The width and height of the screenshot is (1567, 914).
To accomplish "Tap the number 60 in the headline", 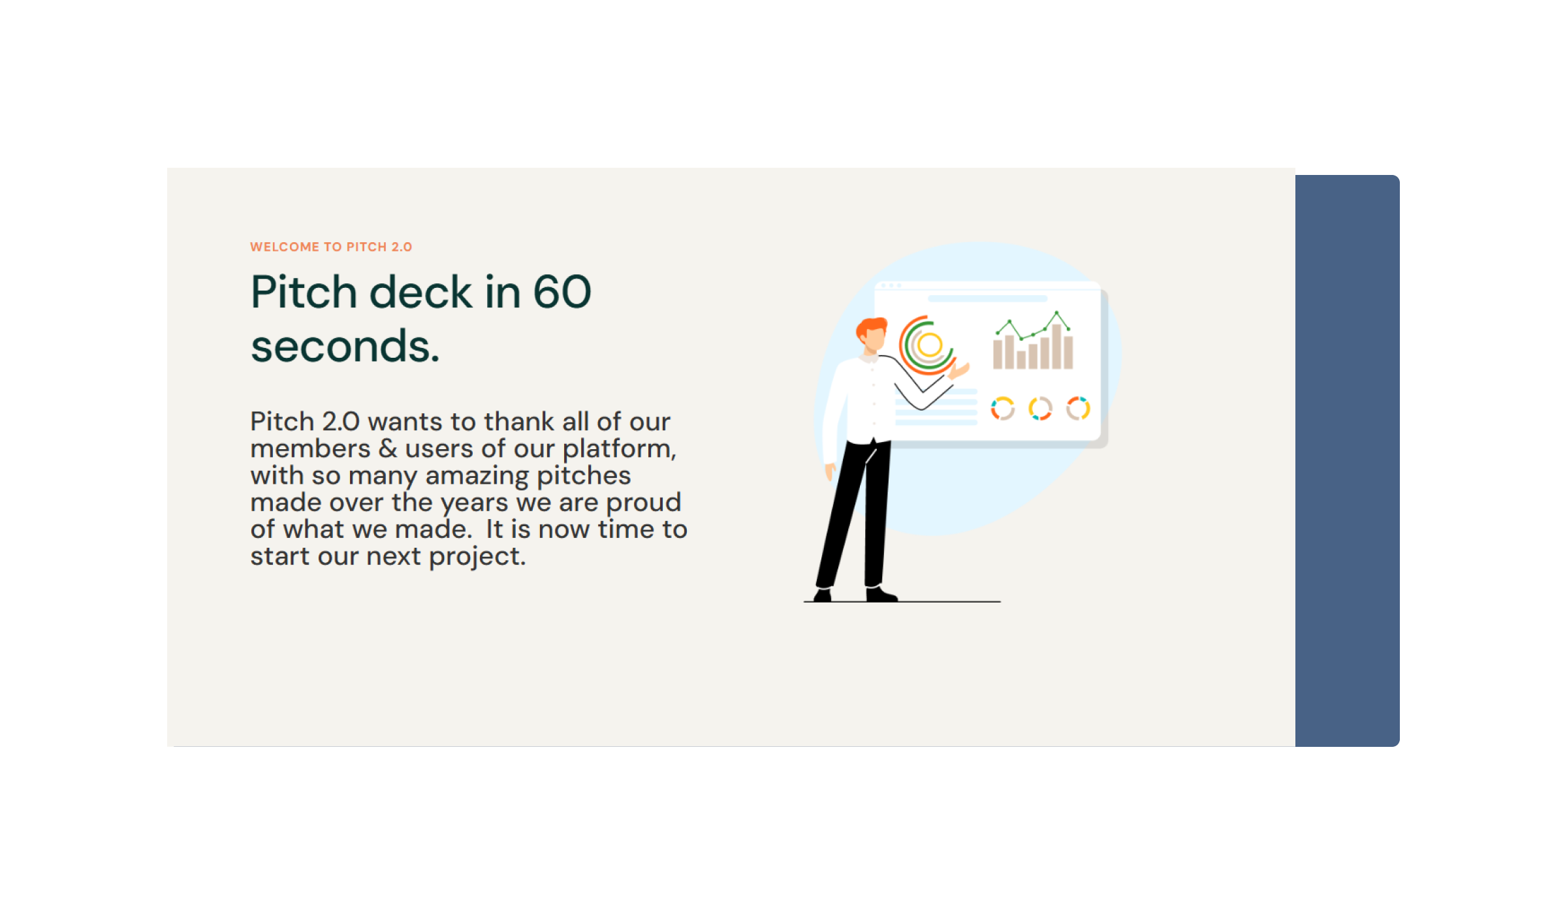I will [x=562, y=292].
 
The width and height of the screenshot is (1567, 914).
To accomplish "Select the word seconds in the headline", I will [x=345, y=346].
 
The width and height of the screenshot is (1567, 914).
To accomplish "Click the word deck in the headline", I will [x=420, y=292].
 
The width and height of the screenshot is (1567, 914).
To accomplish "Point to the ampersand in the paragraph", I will [x=388, y=449].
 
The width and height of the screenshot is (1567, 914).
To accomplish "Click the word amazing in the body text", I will [x=477, y=476].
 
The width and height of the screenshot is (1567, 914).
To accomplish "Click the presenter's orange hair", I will [x=871, y=326].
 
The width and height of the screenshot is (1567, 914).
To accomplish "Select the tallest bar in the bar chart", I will [x=1056, y=347].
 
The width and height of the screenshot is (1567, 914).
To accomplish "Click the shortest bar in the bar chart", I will [x=1021, y=360].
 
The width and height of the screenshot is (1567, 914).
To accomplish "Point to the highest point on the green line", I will [x=1056, y=313].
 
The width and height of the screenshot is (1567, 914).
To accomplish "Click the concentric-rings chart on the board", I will [x=928, y=345].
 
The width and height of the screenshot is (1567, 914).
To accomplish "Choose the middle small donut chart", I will [x=1040, y=409].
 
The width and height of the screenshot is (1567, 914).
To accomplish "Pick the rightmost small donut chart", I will [x=1078, y=409].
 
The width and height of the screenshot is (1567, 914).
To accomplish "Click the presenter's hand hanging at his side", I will [x=831, y=470].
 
